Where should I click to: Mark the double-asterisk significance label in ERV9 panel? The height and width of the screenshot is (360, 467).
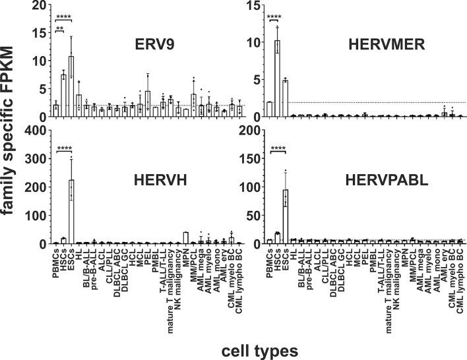point(59,29)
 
